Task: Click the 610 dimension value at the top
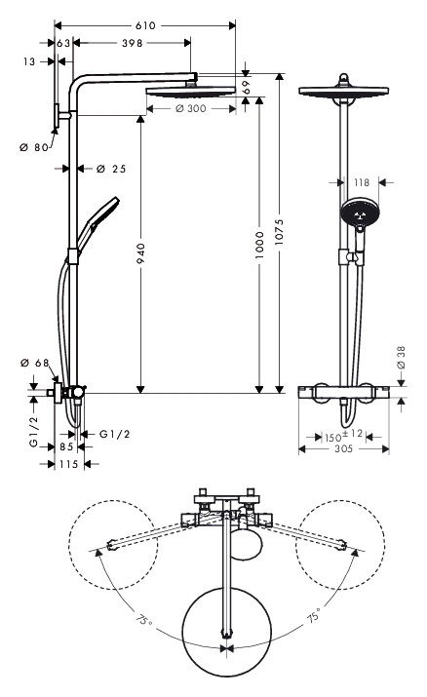[x=145, y=25]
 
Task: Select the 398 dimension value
[x=133, y=43]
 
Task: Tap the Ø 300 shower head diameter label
[x=191, y=108]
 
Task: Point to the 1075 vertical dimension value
[x=279, y=232]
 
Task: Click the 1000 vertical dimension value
[x=260, y=245]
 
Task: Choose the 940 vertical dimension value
[x=140, y=253]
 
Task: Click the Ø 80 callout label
[x=34, y=147]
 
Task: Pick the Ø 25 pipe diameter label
[x=111, y=169]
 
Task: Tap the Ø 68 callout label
[x=35, y=364]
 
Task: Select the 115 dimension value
[x=69, y=464]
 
